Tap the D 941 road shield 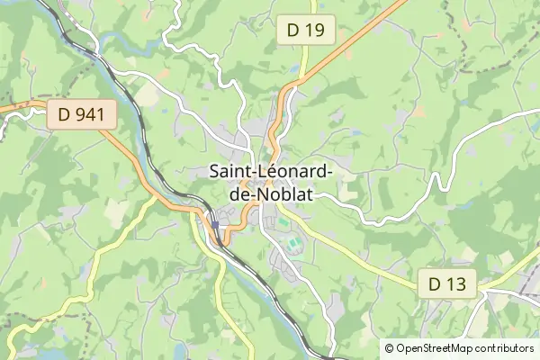click(x=77, y=114)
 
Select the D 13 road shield click(x=446, y=284)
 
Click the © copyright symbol click(x=389, y=347)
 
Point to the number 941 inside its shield click(x=84, y=114)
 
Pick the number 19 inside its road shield click(x=314, y=31)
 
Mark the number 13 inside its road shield click(x=454, y=284)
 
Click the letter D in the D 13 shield click(x=435, y=284)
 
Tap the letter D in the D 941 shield click(x=63, y=114)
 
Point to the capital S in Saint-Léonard click(x=214, y=170)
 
